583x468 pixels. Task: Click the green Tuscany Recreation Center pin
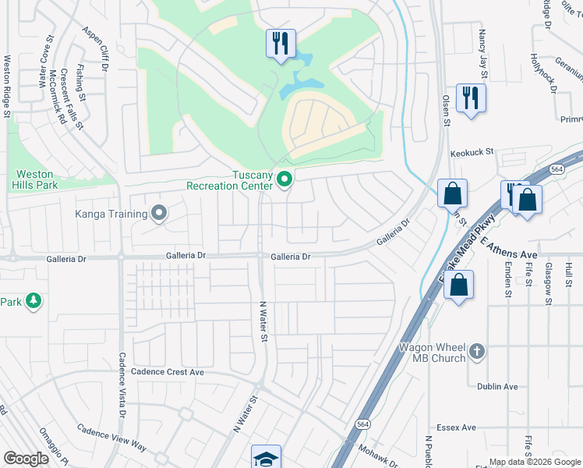coord(284,180)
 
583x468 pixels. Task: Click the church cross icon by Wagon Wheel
coord(479,352)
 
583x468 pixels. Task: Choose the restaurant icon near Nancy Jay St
coord(471,98)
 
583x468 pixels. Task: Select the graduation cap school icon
coord(266,457)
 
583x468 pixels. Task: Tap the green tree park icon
coord(33,301)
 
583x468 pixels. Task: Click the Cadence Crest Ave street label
coord(168,372)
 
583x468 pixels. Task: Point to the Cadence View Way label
coord(111,438)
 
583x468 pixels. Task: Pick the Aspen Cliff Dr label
coord(94,48)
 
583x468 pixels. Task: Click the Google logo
coord(26,459)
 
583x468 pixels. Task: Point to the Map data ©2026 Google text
coord(535,462)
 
